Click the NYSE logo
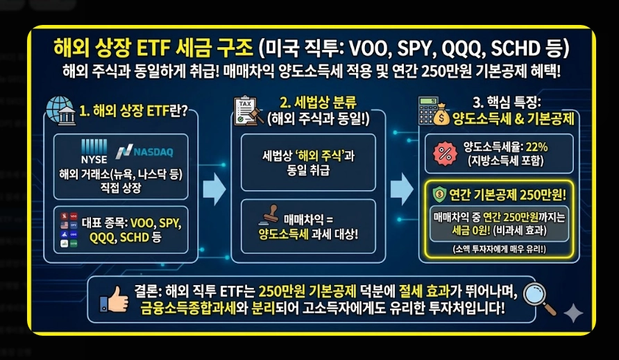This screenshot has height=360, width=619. pyautogui.click(x=94, y=150)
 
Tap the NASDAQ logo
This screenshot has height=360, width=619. pyautogui.click(x=145, y=151)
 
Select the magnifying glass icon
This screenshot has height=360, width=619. pyautogui.click(x=539, y=297)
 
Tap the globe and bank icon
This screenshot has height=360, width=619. pyautogui.click(x=61, y=111)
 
